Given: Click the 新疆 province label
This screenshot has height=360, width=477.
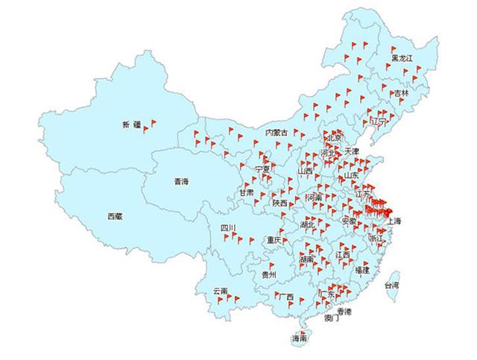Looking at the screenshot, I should tap(132, 124).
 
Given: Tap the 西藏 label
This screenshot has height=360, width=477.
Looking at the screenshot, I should tap(115, 216).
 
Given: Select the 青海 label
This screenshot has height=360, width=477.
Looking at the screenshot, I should tap(181, 181).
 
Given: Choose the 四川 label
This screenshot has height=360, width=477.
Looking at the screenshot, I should tap(227, 227).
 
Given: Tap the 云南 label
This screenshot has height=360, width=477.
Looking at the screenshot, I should tap(220, 291).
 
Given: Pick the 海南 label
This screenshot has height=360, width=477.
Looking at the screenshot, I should tap(300, 338).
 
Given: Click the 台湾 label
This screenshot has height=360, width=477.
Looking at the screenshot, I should tap(391, 285).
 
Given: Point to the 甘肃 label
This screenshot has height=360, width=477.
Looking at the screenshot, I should tap(246, 192).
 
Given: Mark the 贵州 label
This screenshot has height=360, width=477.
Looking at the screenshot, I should tap(269, 274).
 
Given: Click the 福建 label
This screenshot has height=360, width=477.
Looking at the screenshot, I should tap(362, 269).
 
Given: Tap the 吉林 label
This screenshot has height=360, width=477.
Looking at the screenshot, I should tap(401, 94).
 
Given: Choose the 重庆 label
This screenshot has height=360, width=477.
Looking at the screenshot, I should tap(274, 240).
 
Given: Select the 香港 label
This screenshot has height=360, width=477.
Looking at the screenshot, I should tap(344, 311).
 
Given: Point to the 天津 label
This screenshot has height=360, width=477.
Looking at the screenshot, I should tap(352, 151).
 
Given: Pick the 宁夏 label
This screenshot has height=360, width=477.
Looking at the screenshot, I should tap(262, 170).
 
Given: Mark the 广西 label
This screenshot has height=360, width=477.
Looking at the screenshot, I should tap(285, 297).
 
